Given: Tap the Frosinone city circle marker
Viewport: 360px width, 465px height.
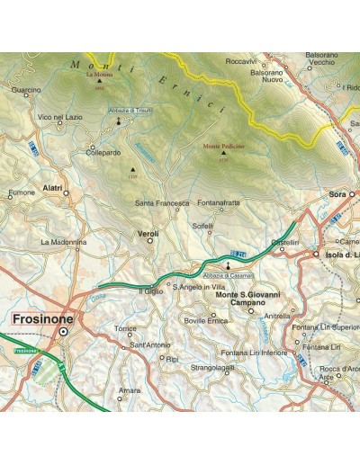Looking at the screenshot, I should (64, 332).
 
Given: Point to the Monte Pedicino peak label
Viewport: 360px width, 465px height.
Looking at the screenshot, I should (224, 144).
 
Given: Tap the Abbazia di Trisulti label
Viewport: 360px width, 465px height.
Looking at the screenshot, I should (130, 110).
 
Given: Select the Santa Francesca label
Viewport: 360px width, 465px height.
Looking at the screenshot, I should (162, 203).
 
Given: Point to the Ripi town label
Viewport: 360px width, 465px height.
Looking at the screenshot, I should (171, 358).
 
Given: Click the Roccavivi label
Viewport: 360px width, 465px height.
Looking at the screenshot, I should (241, 60).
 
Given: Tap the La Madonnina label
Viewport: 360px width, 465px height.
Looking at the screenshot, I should (62, 242).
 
